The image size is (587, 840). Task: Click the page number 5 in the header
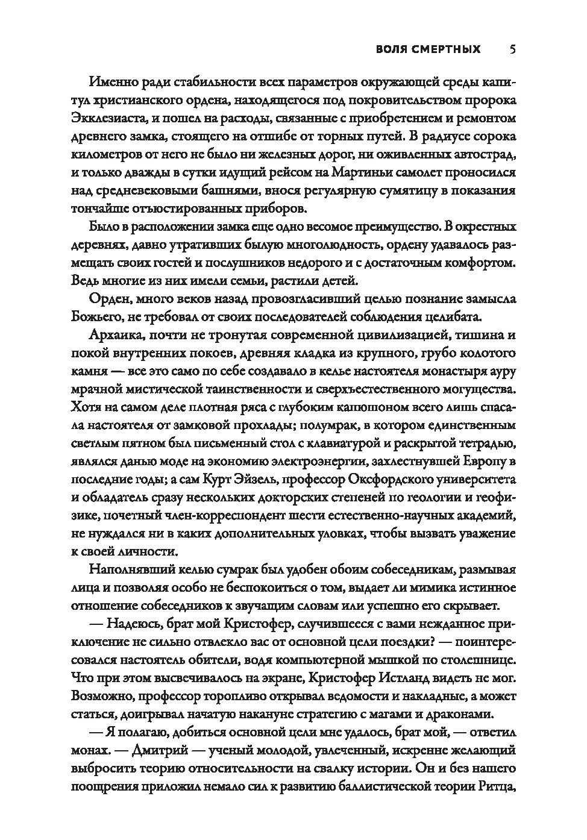[512, 49]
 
